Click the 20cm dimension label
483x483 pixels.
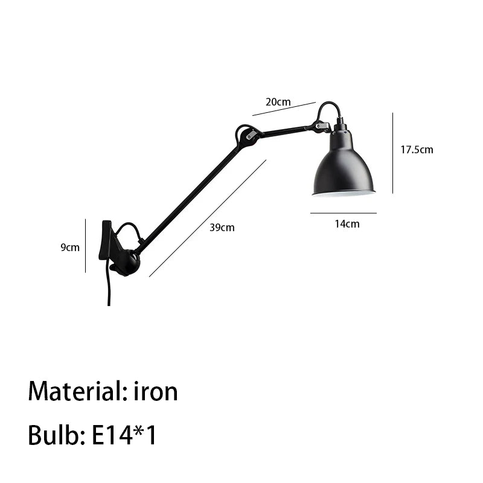[278, 101]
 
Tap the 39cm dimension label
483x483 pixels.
[222, 228]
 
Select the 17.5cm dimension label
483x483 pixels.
[417, 150]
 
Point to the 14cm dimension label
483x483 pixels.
[347, 224]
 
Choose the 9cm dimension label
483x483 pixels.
[70, 248]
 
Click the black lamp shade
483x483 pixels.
[344, 167]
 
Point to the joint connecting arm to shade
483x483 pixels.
[322, 126]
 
